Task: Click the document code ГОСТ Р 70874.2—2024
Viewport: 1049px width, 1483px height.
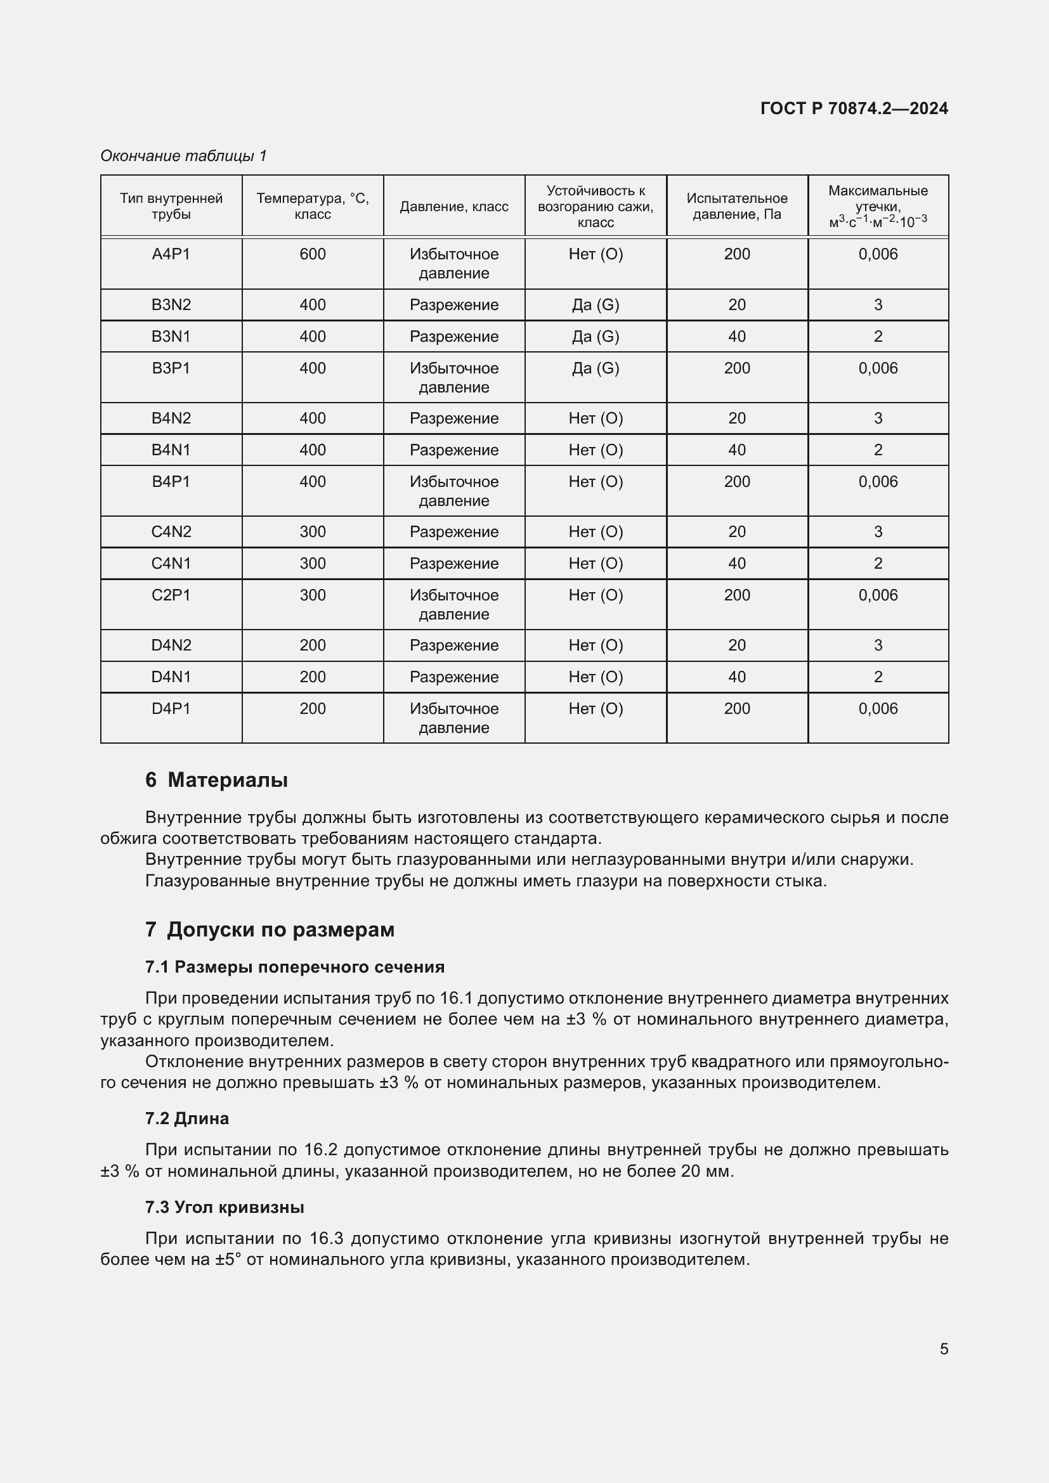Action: click(x=854, y=108)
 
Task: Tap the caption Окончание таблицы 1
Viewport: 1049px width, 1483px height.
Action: click(x=183, y=156)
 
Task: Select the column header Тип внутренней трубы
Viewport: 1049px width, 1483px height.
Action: click(x=171, y=206)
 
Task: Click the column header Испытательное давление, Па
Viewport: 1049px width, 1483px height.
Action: click(x=737, y=206)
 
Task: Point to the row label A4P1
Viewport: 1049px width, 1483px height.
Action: click(x=171, y=254)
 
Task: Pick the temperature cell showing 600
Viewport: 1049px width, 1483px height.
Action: click(x=313, y=254)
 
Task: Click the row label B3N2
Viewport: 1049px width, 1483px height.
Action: click(x=171, y=305)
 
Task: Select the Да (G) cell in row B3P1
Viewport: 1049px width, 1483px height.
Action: click(x=596, y=368)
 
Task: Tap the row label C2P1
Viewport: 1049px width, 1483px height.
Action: click(x=171, y=595)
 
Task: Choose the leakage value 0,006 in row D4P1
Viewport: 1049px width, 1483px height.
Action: click(x=878, y=709)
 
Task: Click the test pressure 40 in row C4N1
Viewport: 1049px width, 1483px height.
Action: click(x=737, y=563)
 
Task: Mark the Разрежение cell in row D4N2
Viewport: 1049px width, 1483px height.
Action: click(x=454, y=645)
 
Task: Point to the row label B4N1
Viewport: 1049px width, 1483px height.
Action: click(x=171, y=450)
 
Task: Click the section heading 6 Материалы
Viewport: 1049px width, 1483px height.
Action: click(x=216, y=780)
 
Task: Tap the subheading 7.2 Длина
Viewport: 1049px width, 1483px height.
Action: click(x=186, y=1118)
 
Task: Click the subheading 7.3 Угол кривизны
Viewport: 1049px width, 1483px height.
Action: click(x=224, y=1207)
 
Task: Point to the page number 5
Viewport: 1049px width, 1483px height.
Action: click(x=944, y=1349)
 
